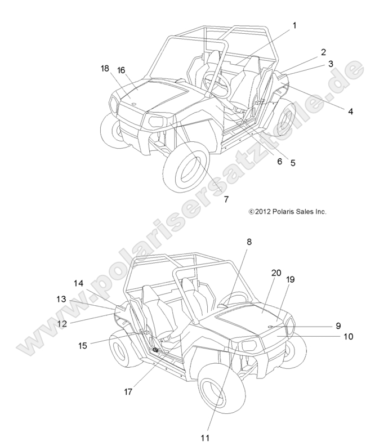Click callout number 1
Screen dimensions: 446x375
click(293, 25)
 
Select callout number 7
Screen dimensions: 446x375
click(226, 199)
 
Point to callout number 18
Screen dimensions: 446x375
click(105, 69)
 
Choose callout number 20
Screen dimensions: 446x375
click(276, 273)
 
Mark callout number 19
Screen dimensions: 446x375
click(291, 279)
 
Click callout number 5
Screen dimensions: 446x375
click(293, 162)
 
